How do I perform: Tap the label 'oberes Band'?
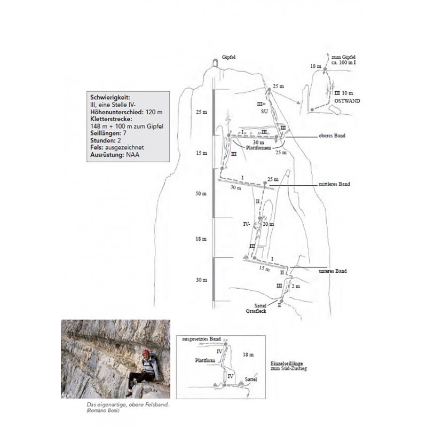click(x=331, y=136)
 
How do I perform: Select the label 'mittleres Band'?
click(x=335, y=185)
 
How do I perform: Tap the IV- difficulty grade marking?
click(x=247, y=225)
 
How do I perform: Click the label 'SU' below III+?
click(x=263, y=112)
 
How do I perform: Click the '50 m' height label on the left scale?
click(x=200, y=193)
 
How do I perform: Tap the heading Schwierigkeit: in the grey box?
click(x=110, y=98)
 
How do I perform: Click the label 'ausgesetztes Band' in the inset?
click(x=201, y=339)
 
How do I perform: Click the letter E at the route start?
click(x=279, y=305)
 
